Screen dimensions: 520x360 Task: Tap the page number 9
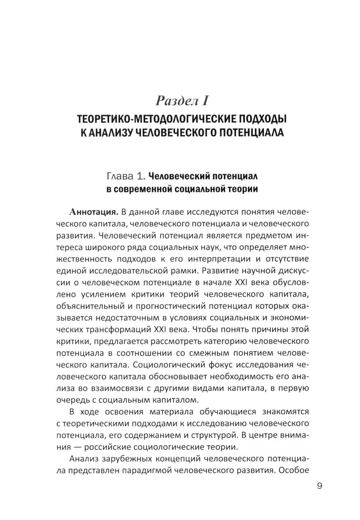coord(319,487)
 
